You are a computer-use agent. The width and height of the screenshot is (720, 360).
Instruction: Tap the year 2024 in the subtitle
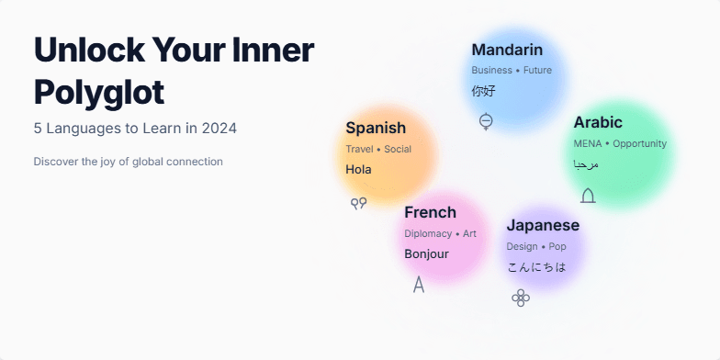(x=218, y=128)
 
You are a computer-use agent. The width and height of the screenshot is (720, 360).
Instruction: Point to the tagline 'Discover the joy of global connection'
(x=128, y=162)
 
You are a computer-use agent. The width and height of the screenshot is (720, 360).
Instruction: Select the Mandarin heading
(x=507, y=50)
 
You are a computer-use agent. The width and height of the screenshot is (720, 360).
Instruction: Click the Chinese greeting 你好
(x=483, y=91)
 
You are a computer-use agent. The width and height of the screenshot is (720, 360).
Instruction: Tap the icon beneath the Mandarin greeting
(x=486, y=120)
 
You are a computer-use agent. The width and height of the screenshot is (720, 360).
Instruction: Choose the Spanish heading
(x=376, y=128)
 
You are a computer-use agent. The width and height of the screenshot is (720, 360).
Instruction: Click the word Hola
(x=359, y=170)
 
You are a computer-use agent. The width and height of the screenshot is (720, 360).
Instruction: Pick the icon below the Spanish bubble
(x=359, y=203)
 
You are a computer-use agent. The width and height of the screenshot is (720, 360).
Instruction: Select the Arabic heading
(x=598, y=122)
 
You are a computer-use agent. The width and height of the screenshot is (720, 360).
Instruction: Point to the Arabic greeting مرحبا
(x=586, y=164)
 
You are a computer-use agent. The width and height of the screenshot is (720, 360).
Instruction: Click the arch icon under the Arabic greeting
(x=588, y=195)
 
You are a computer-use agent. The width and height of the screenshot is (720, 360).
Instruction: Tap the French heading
(x=430, y=212)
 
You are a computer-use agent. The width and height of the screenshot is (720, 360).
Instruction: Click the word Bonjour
(x=426, y=254)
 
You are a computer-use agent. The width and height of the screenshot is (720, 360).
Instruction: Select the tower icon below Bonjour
(x=419, y=284)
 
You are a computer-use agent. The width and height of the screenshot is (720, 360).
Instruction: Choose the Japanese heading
(x=543, y=225)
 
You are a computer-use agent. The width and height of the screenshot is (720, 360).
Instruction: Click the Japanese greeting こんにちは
(x=536, y=267)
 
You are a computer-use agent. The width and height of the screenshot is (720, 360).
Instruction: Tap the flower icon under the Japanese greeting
(x=521, y=297)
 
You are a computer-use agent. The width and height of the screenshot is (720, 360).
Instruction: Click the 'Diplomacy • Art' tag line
(x=440, y=233)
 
